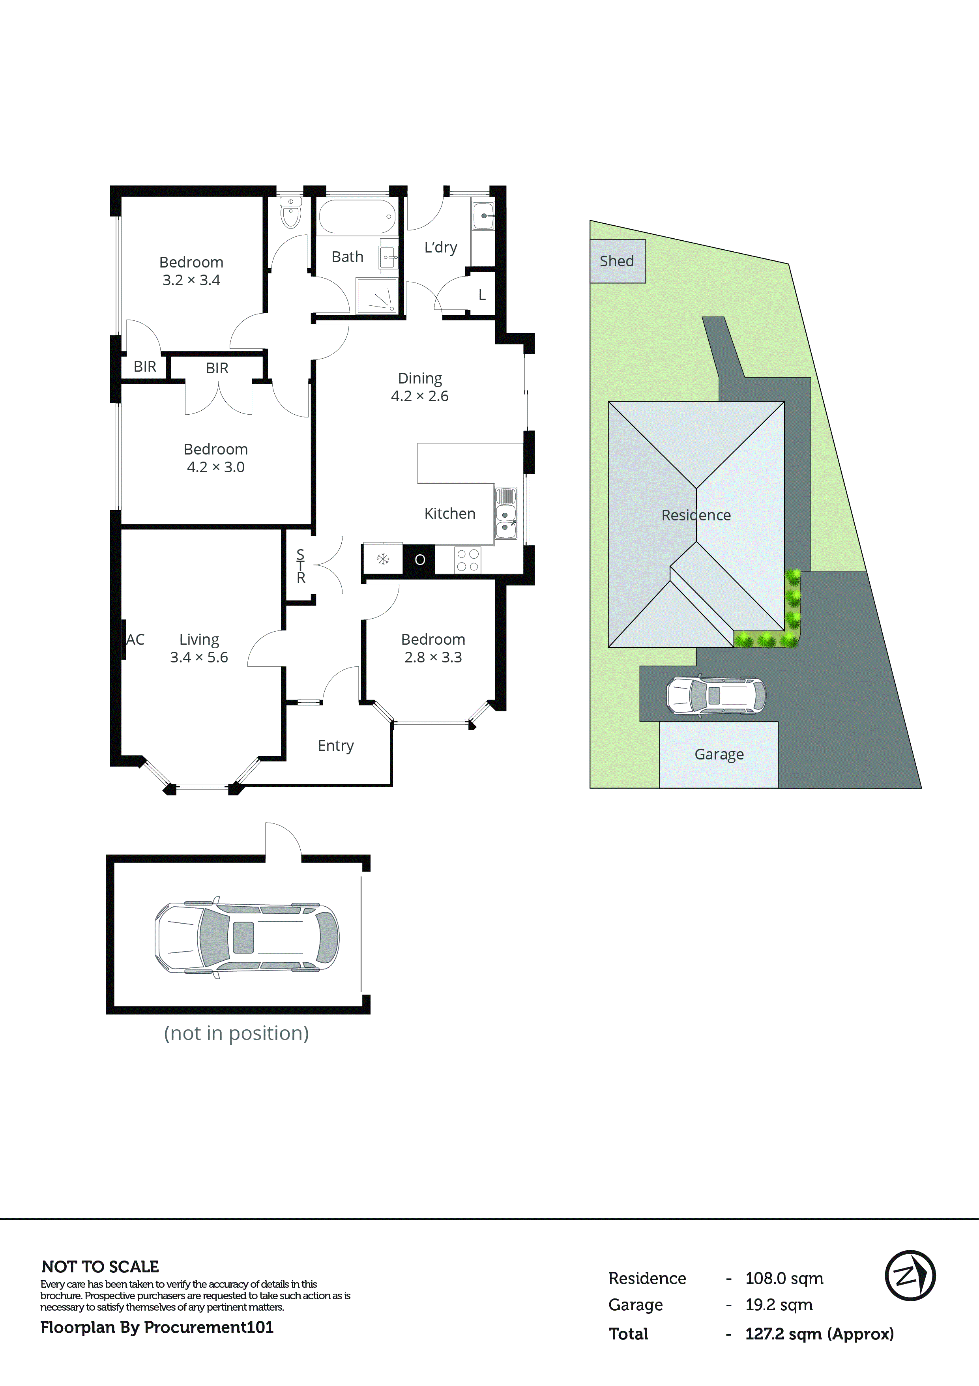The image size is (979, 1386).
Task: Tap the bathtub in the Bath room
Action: tap(357, 217)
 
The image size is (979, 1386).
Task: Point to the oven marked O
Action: tap(419, 559)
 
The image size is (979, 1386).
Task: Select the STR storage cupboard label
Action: tap(301, 566)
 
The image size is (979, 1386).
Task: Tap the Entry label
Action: tap(335, 746)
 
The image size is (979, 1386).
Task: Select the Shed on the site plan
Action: tap(617, 262)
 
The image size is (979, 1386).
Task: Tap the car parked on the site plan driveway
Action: tap(715, 696)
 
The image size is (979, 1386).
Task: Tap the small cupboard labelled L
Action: tap(482, 295)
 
